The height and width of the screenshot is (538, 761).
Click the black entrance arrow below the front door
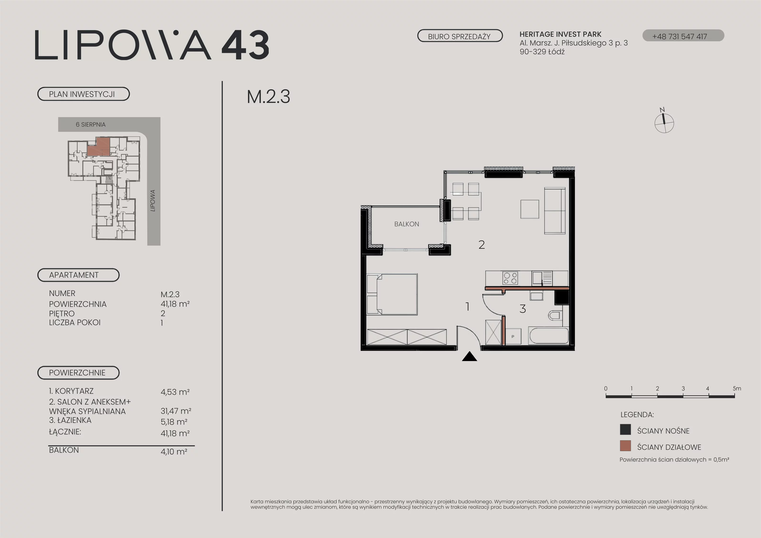click(469, 357)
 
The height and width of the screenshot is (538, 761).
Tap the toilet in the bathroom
click(555, 315)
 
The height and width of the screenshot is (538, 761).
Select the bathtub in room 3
click(549, 336)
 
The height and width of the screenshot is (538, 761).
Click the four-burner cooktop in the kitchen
click(510, 278)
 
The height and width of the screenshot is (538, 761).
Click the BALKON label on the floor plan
click(406, 224)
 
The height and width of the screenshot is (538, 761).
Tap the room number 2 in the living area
click(482, 245)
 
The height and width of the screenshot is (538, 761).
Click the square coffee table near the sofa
click(529, 209)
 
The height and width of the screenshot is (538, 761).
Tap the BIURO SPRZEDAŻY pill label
click(460, 36)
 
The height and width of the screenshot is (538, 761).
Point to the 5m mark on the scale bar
click(737, 388)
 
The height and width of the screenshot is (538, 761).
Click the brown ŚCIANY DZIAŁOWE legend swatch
click(625, 446)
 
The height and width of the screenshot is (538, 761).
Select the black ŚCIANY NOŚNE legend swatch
click(625, 430)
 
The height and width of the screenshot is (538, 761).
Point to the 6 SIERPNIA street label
click(90, 125)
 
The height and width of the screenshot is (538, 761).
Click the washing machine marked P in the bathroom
click(513, 337)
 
